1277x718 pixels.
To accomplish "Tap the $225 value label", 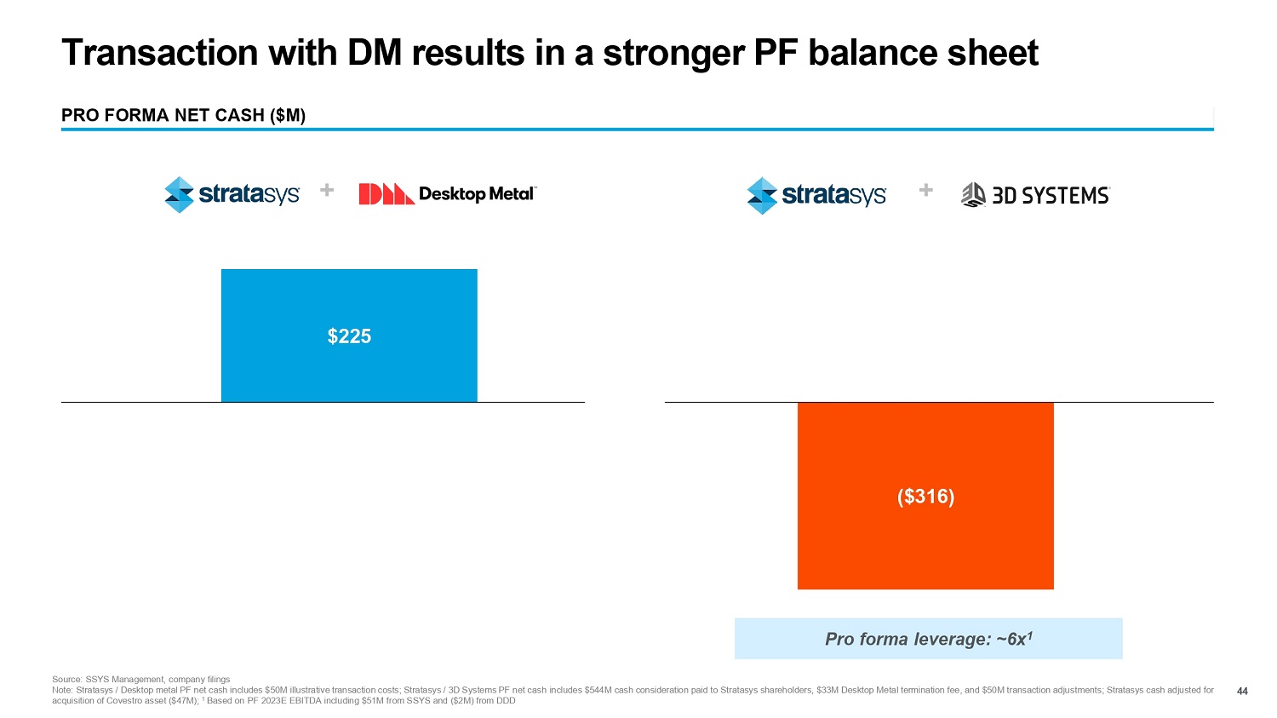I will pos(349,336).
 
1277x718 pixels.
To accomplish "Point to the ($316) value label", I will pos(925,497).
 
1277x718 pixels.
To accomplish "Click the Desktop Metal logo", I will pos(448,194).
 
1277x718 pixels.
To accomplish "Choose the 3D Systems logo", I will pos(1035,196).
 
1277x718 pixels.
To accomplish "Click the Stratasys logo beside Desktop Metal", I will pos(232,195).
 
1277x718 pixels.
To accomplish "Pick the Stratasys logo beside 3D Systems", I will pos(816,195).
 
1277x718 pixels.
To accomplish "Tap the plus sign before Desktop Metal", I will pos(326,190).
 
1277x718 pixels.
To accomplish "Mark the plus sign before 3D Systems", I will pos(926,190).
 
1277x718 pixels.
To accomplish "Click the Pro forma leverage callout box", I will pos(928,639).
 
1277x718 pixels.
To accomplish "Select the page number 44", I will pos(1242,691).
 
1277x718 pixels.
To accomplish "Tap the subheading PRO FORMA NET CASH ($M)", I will pos(183,115).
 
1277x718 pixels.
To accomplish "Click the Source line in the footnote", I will pos(140,679).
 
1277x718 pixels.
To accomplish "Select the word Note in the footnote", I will pos(62,690).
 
